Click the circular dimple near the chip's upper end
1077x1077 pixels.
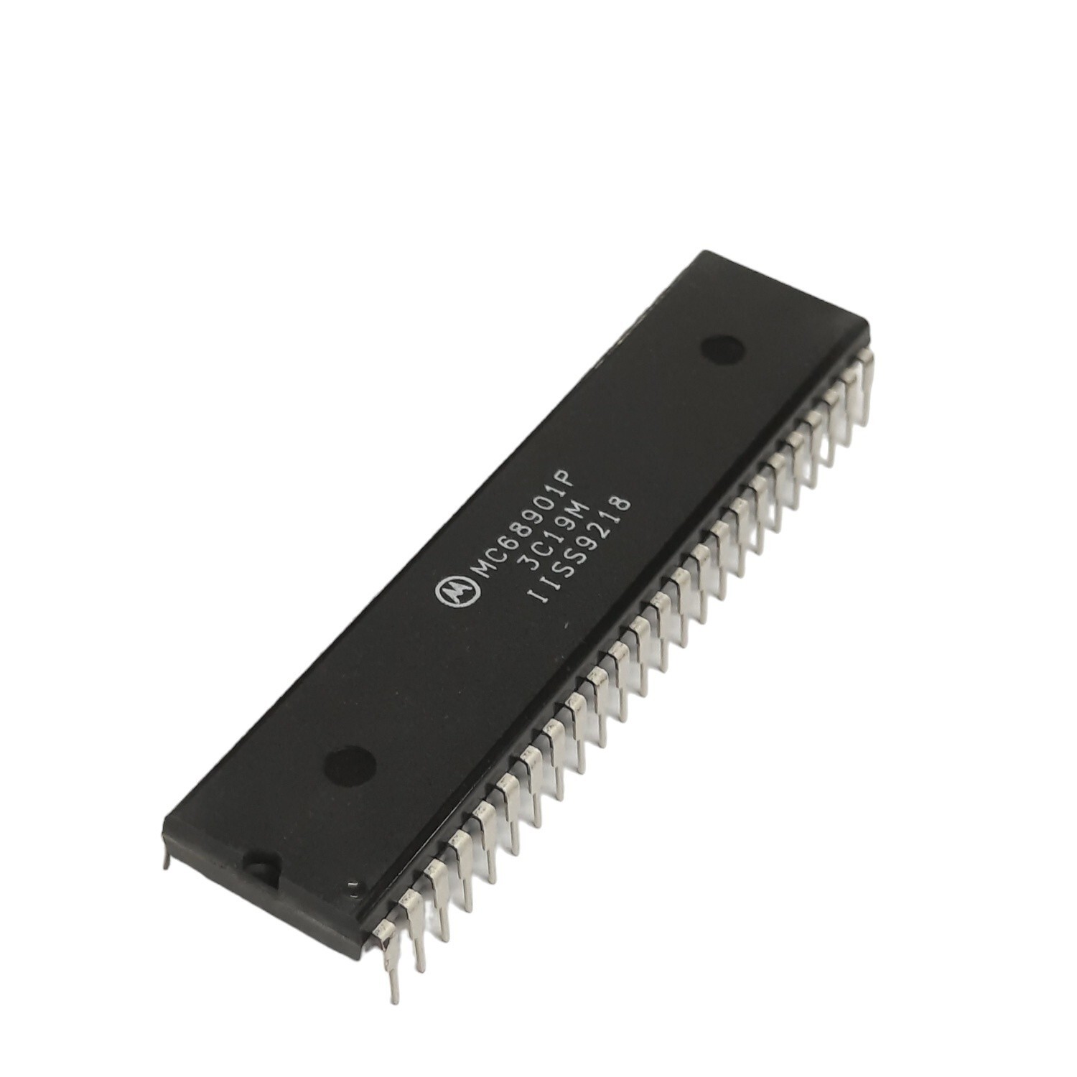pos(722,350)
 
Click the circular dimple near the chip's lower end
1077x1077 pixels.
pos(350,765)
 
